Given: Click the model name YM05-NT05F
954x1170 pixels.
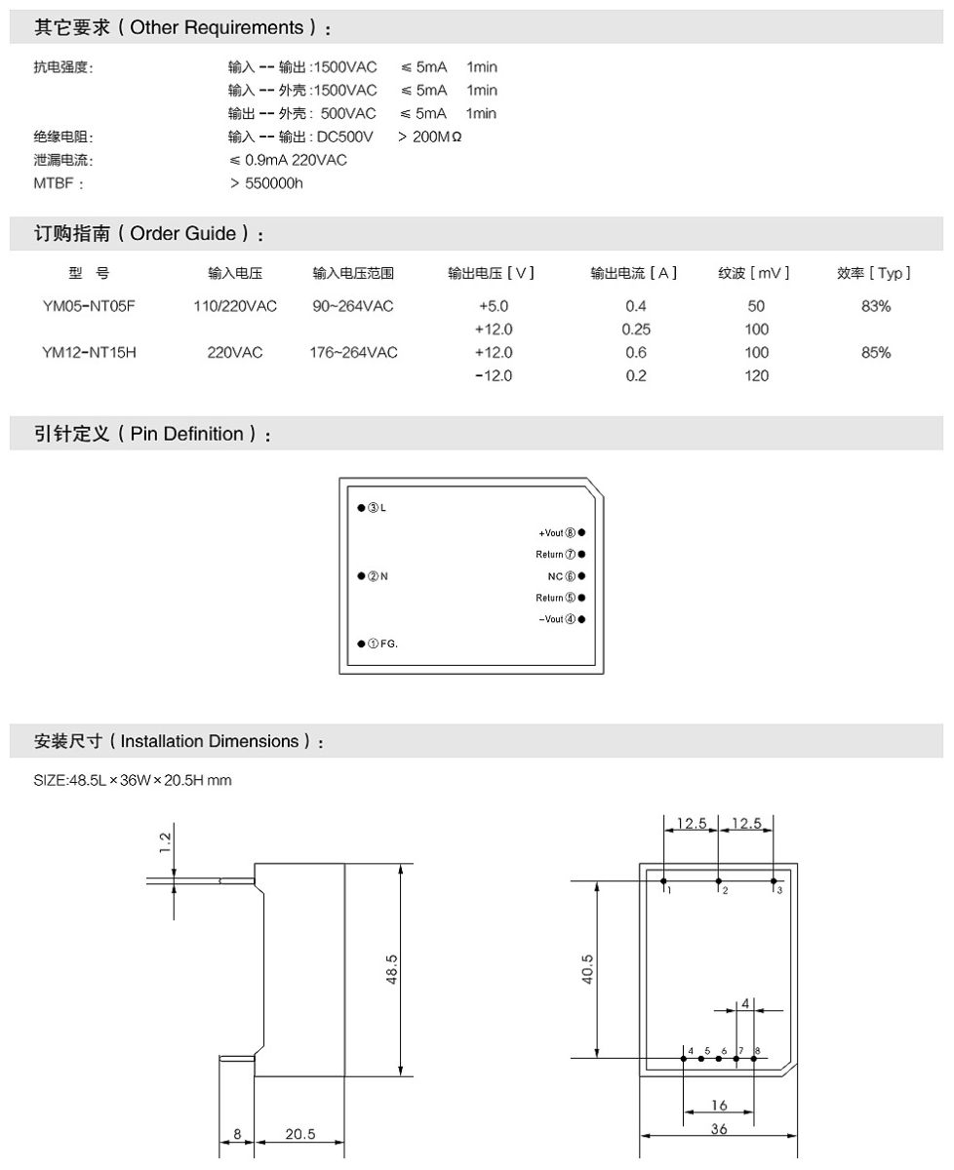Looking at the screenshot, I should (89, 306).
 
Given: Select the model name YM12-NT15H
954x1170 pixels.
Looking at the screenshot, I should (89, 353).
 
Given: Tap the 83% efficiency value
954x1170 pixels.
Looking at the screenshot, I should (876, 306).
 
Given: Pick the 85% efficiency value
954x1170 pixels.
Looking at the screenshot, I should (876, 353).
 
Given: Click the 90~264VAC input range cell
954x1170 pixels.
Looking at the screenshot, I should (353, 306).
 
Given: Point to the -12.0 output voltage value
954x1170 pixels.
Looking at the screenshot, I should (493, 376).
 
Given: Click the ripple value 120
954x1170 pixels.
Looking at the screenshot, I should (756, 376).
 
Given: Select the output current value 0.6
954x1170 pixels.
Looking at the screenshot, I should (636, 353).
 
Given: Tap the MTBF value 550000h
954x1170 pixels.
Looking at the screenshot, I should (266, 183).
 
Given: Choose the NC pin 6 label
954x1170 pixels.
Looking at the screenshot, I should (563, 576).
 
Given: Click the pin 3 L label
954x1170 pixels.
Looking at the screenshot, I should (377, 508).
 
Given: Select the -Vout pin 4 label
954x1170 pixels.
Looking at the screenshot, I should (557, 619).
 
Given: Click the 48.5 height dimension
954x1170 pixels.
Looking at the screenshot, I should (391, 969).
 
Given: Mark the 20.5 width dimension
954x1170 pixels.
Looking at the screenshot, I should (299, 1134).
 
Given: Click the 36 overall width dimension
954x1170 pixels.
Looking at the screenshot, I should (719, 1129).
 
